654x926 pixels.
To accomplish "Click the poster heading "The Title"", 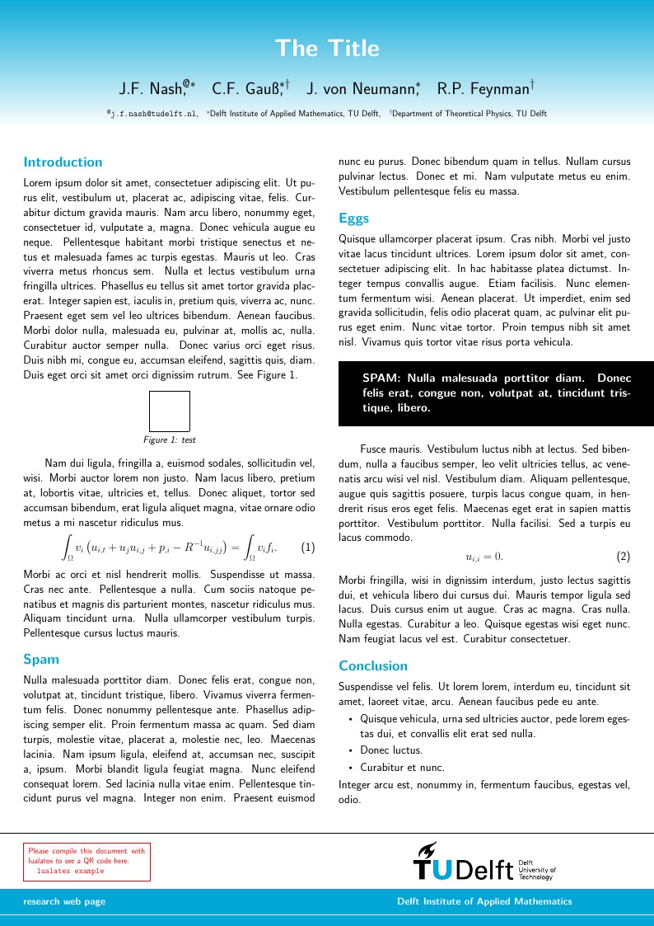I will tap(327, 49).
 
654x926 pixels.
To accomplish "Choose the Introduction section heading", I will tap(63, 162).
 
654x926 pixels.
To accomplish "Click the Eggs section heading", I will tap(353, 219).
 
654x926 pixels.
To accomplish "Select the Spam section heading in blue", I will tap(40, 660).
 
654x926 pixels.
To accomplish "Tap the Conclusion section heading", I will tap(373, 665).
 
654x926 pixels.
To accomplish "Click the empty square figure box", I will tap(170, 411).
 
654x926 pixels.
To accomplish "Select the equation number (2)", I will tap(623, 557).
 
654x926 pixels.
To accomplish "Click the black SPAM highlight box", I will tap(496, 393).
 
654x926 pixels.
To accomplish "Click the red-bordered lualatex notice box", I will tap(86, 861).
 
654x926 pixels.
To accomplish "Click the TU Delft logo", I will tap(483, 863).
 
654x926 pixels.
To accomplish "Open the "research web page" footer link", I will tap(64, 901).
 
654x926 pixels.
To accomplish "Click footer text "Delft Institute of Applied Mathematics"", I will tap(484, 901).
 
